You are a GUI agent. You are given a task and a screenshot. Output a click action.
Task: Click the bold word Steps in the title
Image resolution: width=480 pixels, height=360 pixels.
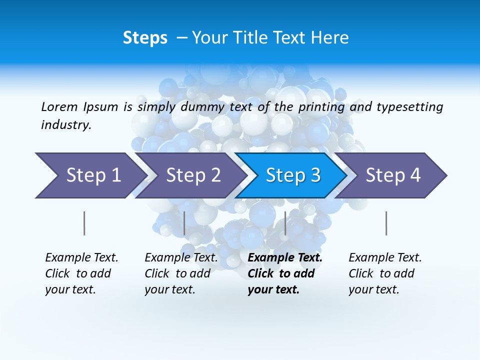coord(145,38)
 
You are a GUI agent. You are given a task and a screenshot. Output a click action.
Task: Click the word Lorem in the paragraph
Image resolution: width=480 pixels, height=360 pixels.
coord(59,106)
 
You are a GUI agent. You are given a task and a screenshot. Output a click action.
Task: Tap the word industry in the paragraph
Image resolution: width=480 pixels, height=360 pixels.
coord(66,124)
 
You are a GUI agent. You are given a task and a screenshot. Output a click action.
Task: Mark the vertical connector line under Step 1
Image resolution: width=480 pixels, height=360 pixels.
coord(84,223)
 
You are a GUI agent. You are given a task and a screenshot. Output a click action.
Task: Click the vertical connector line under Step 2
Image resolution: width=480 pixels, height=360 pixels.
coord(184,223)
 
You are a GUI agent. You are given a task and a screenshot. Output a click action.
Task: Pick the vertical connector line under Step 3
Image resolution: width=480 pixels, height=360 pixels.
coord(285,223)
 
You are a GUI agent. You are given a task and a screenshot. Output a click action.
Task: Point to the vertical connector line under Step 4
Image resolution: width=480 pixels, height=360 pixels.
coord(386,223)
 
